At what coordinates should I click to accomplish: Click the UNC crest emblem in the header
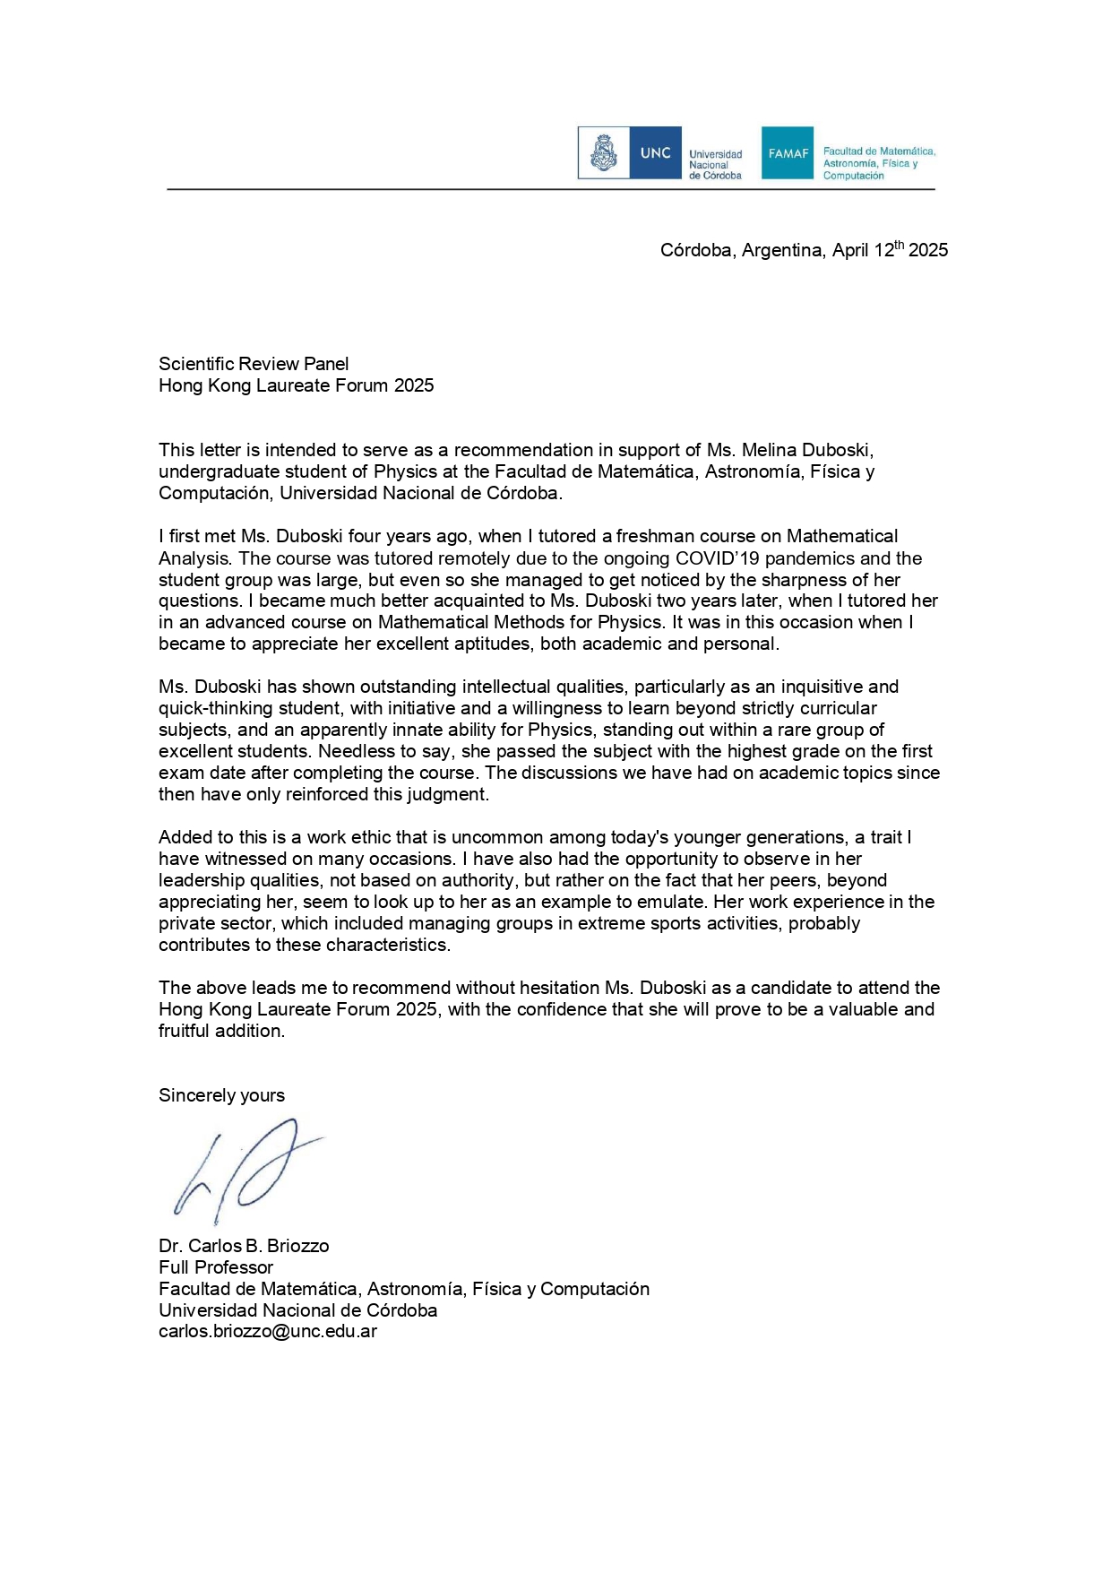pos(604,153)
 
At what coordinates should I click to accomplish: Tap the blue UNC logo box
pos(655,153)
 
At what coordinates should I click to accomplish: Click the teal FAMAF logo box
pos(788,153)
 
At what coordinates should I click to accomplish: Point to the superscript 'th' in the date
pos(900,245)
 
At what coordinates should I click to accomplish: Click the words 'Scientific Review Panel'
pos(254,364)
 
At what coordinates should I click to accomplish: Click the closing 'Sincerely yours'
pos(221,1095)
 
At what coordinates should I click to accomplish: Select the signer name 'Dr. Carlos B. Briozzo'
pos(244,1246)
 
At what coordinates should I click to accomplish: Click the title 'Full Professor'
pos(216,1267)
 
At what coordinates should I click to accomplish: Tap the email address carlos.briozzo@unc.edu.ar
pos(268,1332)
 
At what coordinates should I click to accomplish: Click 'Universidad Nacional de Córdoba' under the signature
pos(297,1310)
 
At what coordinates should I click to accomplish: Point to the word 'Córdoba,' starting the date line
pos(696,250)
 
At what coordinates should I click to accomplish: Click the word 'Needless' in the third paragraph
pos(354,751)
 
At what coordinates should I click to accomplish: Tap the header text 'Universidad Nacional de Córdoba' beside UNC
pos(715,165)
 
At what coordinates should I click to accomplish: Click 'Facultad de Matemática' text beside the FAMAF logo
pos(878,151)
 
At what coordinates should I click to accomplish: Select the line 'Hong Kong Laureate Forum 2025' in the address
pos(296,385)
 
